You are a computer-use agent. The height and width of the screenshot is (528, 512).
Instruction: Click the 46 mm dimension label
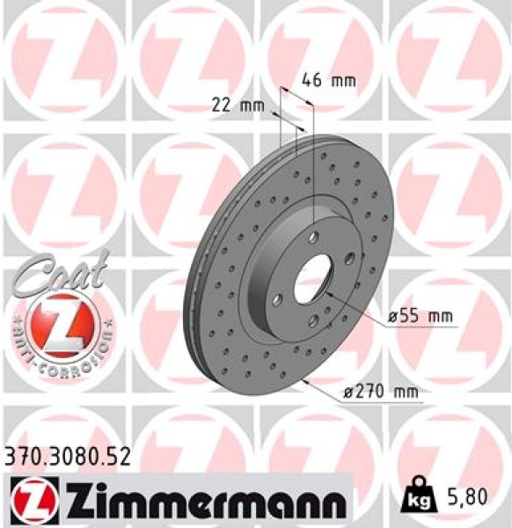(x=328, y=80)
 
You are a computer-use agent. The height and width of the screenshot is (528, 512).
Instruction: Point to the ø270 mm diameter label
(x=380, y=392)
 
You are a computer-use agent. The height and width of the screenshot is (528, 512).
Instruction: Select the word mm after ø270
(x=401, y=392)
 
